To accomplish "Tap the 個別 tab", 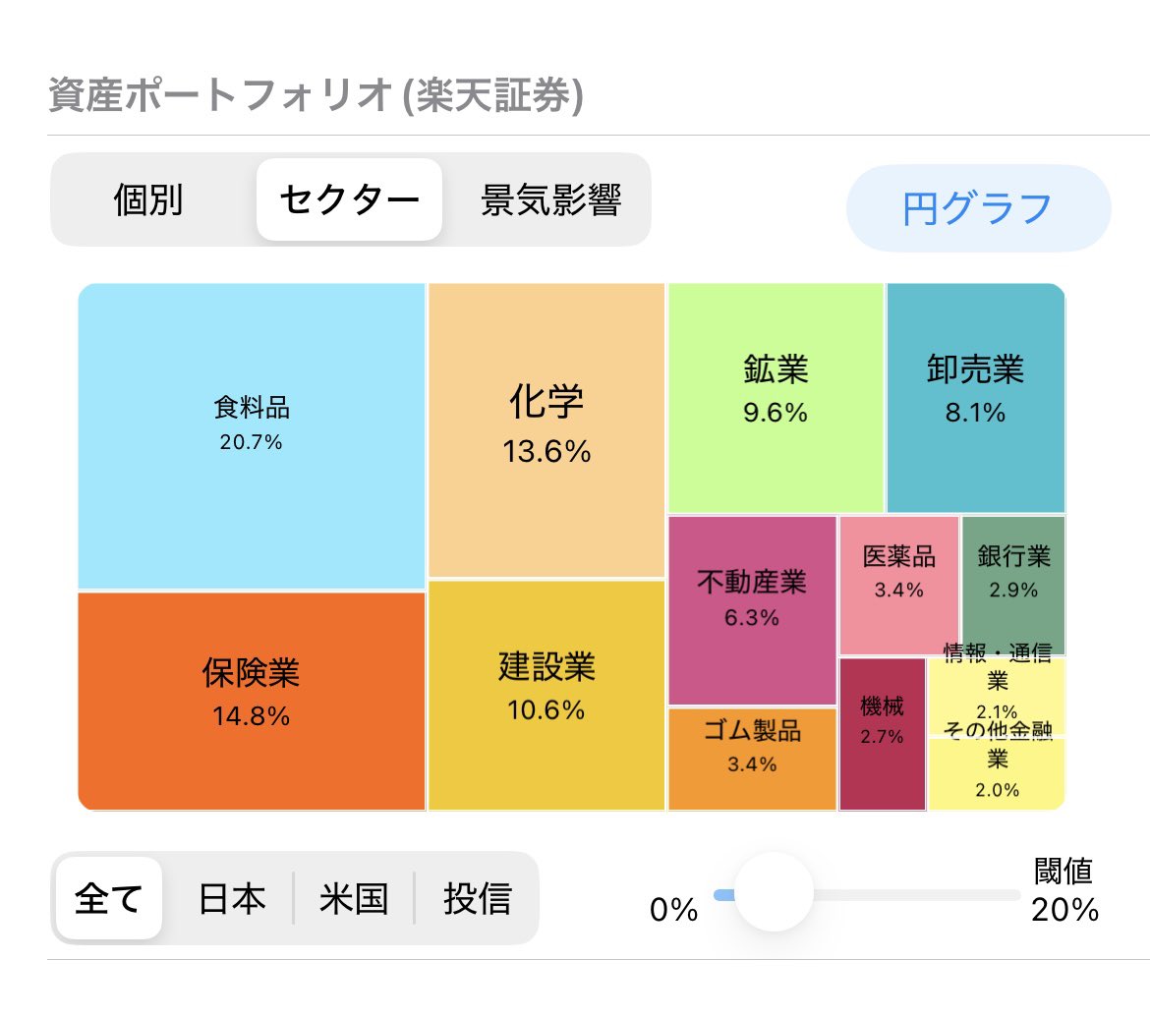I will pos(148,200).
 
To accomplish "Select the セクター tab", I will pos(349,200).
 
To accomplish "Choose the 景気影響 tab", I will pos(550,200).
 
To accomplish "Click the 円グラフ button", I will pos(978,208).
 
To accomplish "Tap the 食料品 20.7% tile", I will pos(252,435).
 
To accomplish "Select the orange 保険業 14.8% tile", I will pos(252,701).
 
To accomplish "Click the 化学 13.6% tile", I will pos(546,429).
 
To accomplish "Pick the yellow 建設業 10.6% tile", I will pos(546,695).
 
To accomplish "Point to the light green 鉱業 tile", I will pos(776,397).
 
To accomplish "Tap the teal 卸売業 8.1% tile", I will pos(975,397).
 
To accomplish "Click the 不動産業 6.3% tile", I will pos(752,609).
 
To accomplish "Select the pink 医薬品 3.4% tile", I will pos(898,584).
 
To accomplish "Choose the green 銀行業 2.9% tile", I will pos(1012,584).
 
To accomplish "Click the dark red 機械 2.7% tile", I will pos(882,733).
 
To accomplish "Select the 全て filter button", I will pos(109,898).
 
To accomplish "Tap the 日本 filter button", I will pos(232,898).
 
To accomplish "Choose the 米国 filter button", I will pos(354,898).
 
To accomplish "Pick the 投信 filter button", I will pos(477,898).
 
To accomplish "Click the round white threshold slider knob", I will pos(774,892).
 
